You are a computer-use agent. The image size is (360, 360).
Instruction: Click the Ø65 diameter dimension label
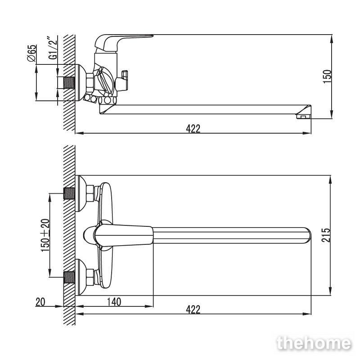pos(31,53)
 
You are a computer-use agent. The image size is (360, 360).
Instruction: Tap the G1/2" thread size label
pos(53,48)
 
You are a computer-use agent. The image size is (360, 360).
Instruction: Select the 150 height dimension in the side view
pos(328,76)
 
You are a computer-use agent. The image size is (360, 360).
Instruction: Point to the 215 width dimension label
pos(326,235)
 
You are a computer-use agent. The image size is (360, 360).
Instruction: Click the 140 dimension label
pos(114,302)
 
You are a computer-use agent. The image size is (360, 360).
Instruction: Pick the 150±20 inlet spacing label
pos(45,235)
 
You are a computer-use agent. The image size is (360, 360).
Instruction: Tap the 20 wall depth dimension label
pos(40,302)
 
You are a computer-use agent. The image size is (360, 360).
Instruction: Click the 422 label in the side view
pos(193,129)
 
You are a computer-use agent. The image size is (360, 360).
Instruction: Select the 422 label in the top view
pos(193,309)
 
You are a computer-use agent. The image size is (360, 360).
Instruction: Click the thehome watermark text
pos(314,343)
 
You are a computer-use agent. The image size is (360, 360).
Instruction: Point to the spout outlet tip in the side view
pos(303,117)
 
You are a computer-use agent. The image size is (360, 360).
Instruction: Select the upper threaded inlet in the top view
pos(69,193)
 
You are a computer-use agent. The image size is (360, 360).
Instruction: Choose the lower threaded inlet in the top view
pos(69,277)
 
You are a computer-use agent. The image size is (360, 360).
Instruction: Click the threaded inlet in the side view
pos(69,83)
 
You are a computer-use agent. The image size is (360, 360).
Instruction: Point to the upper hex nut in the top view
pos(90,193)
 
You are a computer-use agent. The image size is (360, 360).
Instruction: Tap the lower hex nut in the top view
pos(90,277)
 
